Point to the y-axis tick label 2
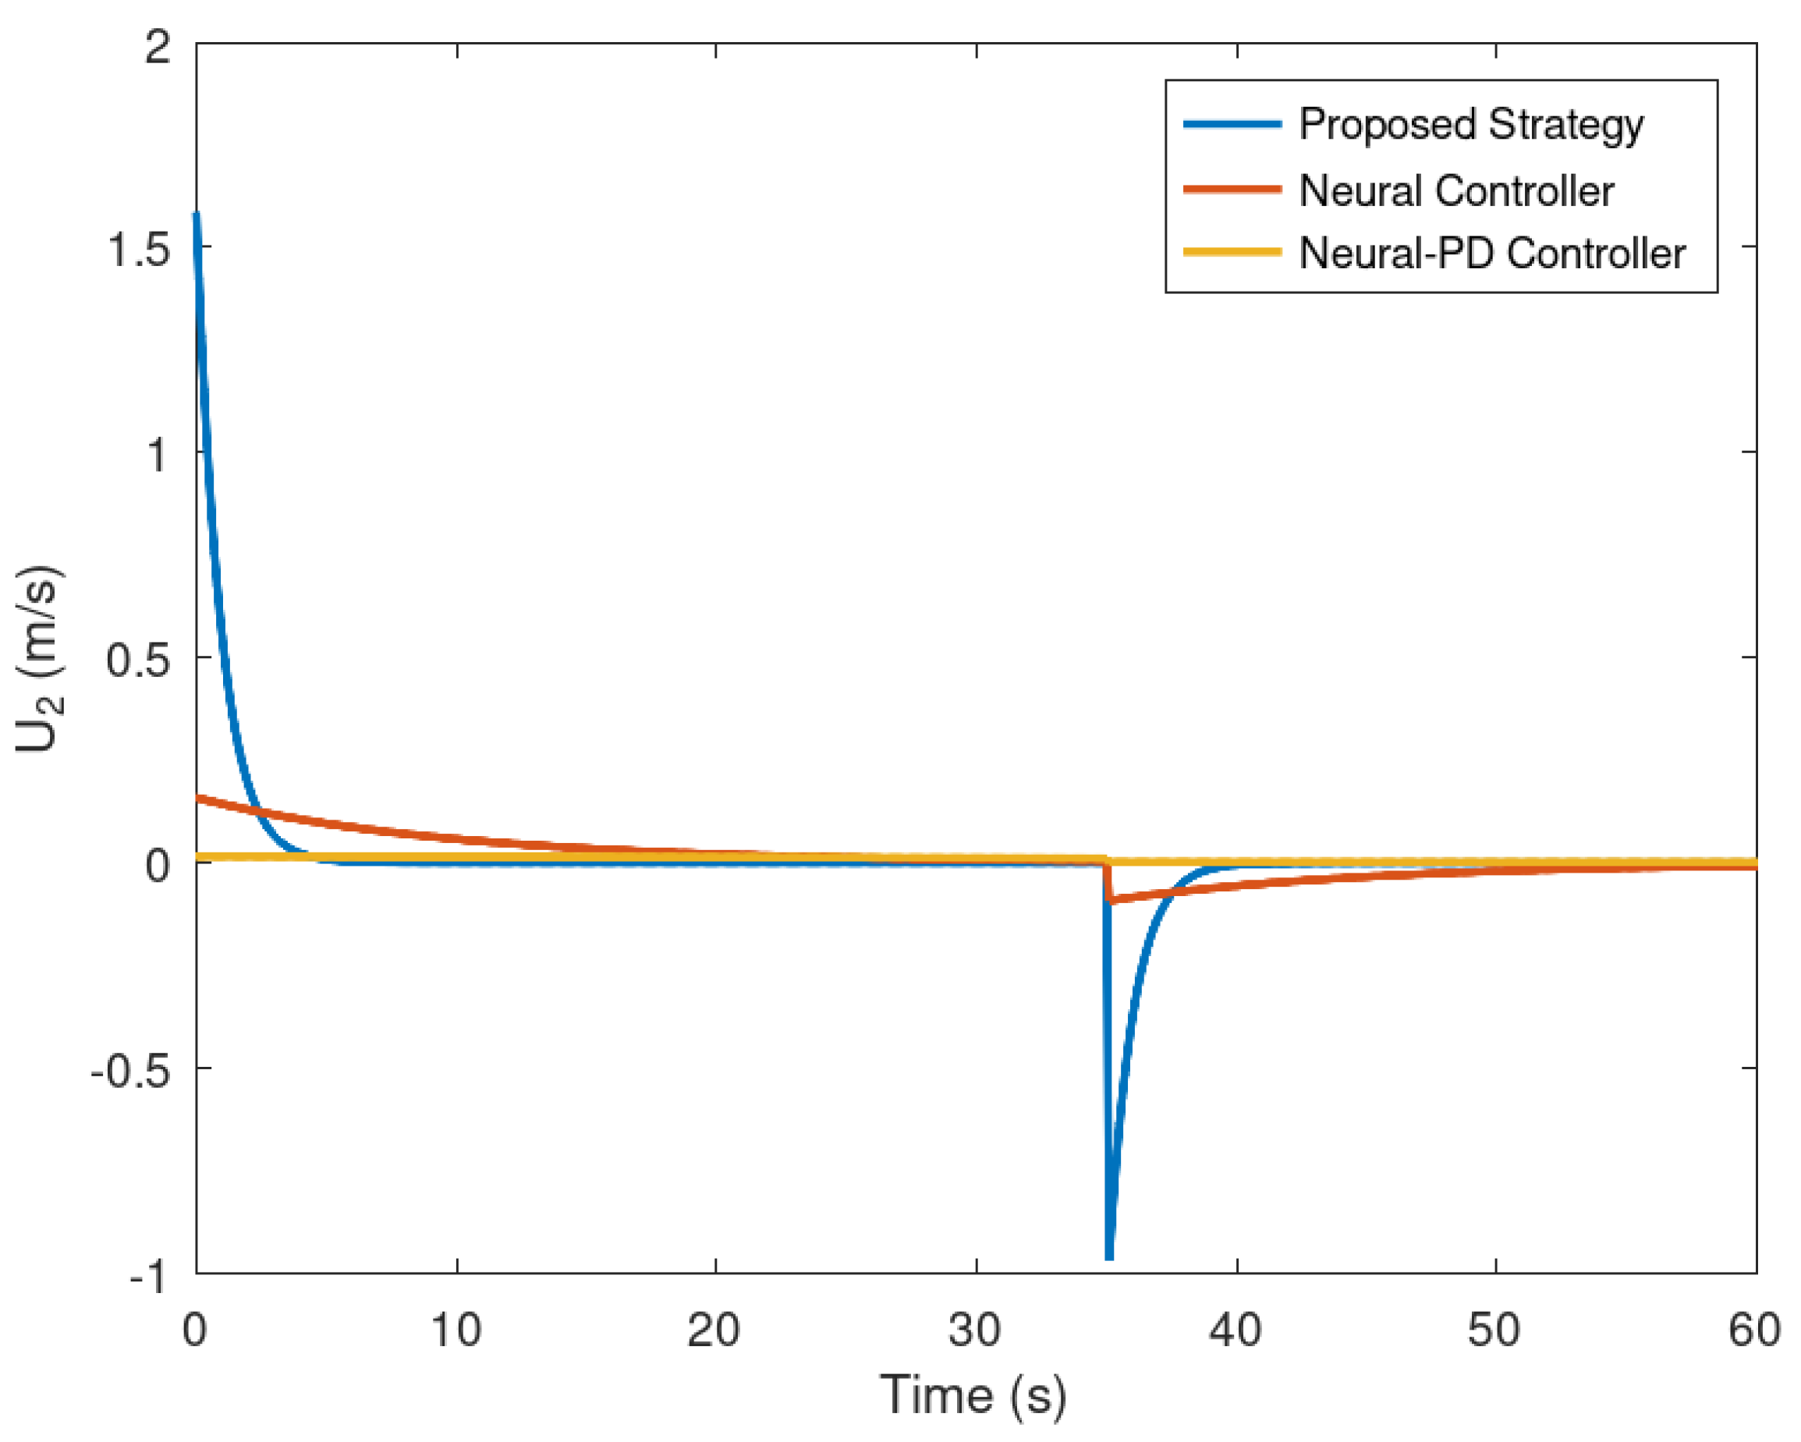pos(158,45)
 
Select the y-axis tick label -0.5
pos(129,1070)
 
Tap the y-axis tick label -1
pos(150,1277)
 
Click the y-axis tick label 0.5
pos(139,660)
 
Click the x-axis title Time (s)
pos(973,1394)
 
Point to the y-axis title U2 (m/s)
pos(38,660)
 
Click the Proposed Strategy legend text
pos(1471,125)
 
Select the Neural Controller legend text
pos(1456,190)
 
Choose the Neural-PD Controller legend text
pos(1492,253)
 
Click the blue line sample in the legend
pos(1232,125)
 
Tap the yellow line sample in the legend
pos(1232,251)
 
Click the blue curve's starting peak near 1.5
pos(197,215)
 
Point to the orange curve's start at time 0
pos(198,798)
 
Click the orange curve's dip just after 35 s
pos(1109,901)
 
